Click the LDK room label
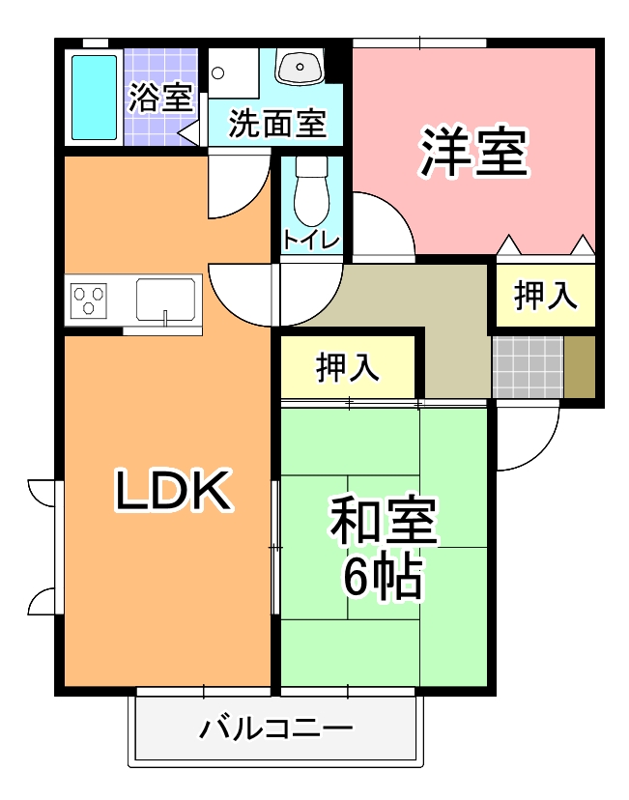(x=172, y=491)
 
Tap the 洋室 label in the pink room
(x=473, y=153)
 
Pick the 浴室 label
(x=160, y=98)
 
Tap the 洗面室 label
(x=275, y=123)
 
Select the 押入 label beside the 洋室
(x=545, y=297)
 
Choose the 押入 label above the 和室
(x=348, y=368)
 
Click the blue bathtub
(x=94, y=98)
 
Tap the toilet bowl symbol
(x=311, y=193)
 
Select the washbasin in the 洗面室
(x=300, y=68)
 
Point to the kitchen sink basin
(x=166, y=299)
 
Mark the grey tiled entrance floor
(x=528, y=366)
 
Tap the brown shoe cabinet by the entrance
(x=580, y=366)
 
